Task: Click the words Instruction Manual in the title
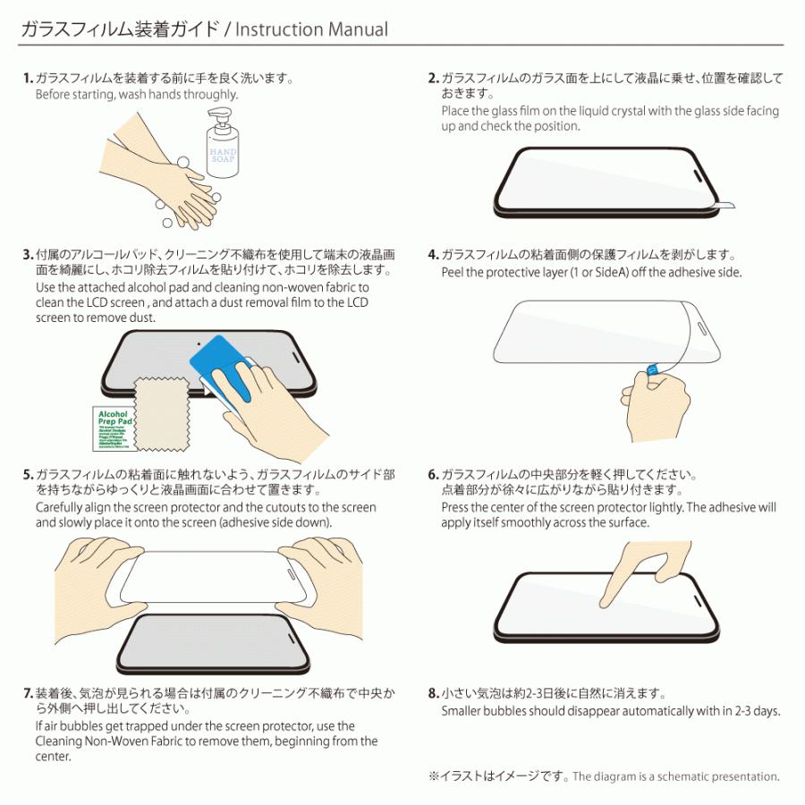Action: (x=314, y=30)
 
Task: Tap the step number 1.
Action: (x=27, y=79)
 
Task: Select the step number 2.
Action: (x=433, y=79)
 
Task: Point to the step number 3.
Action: (x=27, y=255)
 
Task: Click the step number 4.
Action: (x=433, y=255)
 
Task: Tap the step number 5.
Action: (x=27, y=475)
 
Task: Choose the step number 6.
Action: (x=433, y=475)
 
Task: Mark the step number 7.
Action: (x=27, y=694)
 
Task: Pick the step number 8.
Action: (x=433, y=694)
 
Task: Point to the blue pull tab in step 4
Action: (x=652, y=369)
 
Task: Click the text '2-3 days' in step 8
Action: (x=758, y=711)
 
